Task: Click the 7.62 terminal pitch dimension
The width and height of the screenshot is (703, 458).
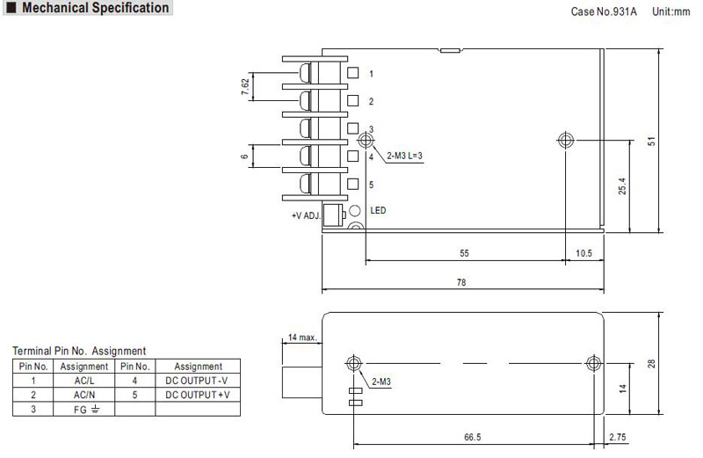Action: [x=245, y=86]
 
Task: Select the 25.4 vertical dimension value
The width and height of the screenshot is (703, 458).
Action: [x=622, y=185]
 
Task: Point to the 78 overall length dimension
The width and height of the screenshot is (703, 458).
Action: [x=461, y=282]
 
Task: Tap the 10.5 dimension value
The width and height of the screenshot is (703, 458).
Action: [x=583, y=253]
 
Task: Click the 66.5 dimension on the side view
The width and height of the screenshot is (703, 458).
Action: [x=473, y=437]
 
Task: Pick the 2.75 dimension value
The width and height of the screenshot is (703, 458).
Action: [x=618, y=437]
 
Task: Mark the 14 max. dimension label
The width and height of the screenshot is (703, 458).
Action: [x=302, y=338]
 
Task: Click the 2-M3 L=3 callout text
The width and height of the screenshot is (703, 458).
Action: [x=404, y=156]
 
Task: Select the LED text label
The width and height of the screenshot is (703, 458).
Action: [x=378, y=210]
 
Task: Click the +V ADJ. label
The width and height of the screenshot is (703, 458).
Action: [x=306, y=215]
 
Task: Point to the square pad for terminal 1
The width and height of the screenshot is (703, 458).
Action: [x=353, y=73]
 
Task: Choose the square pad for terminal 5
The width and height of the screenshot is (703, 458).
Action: [x=353, y=184]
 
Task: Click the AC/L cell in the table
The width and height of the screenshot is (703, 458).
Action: [x=84, y=381]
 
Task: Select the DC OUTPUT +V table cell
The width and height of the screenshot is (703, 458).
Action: [x=198, y=395]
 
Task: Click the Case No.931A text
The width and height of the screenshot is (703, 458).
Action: [x=604, y=11]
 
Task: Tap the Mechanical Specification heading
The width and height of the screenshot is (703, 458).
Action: [x=95, y=8]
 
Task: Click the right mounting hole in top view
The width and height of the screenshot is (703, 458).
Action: [x=565, y=140]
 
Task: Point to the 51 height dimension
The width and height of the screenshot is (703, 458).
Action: [x=651, y=141]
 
